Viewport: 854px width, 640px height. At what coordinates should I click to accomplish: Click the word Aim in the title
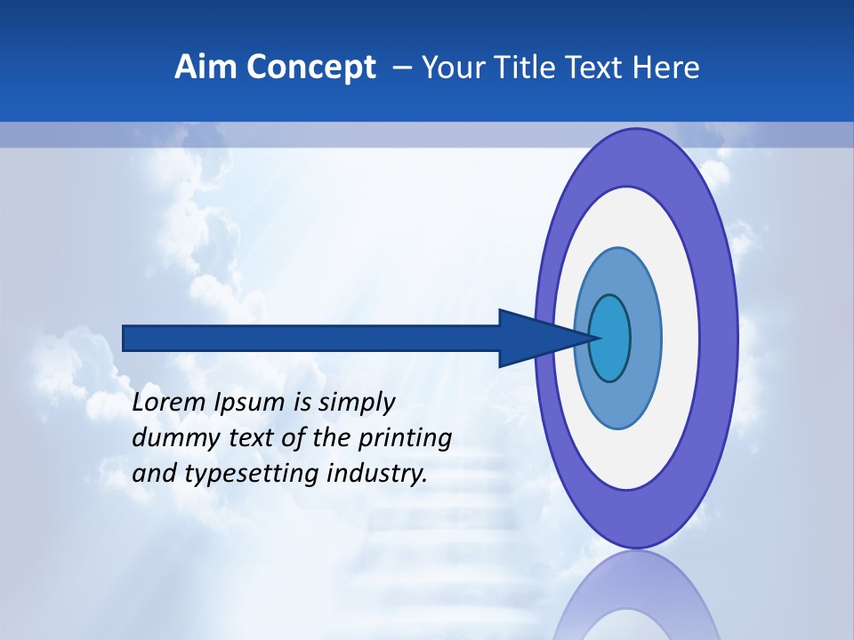pos(202,68)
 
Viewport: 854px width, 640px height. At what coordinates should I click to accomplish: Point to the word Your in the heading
pos(450,68)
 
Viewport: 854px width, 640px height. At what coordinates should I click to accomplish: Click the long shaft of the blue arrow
pos(311,339)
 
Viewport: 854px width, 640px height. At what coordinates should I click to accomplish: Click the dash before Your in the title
pos(401,68)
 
